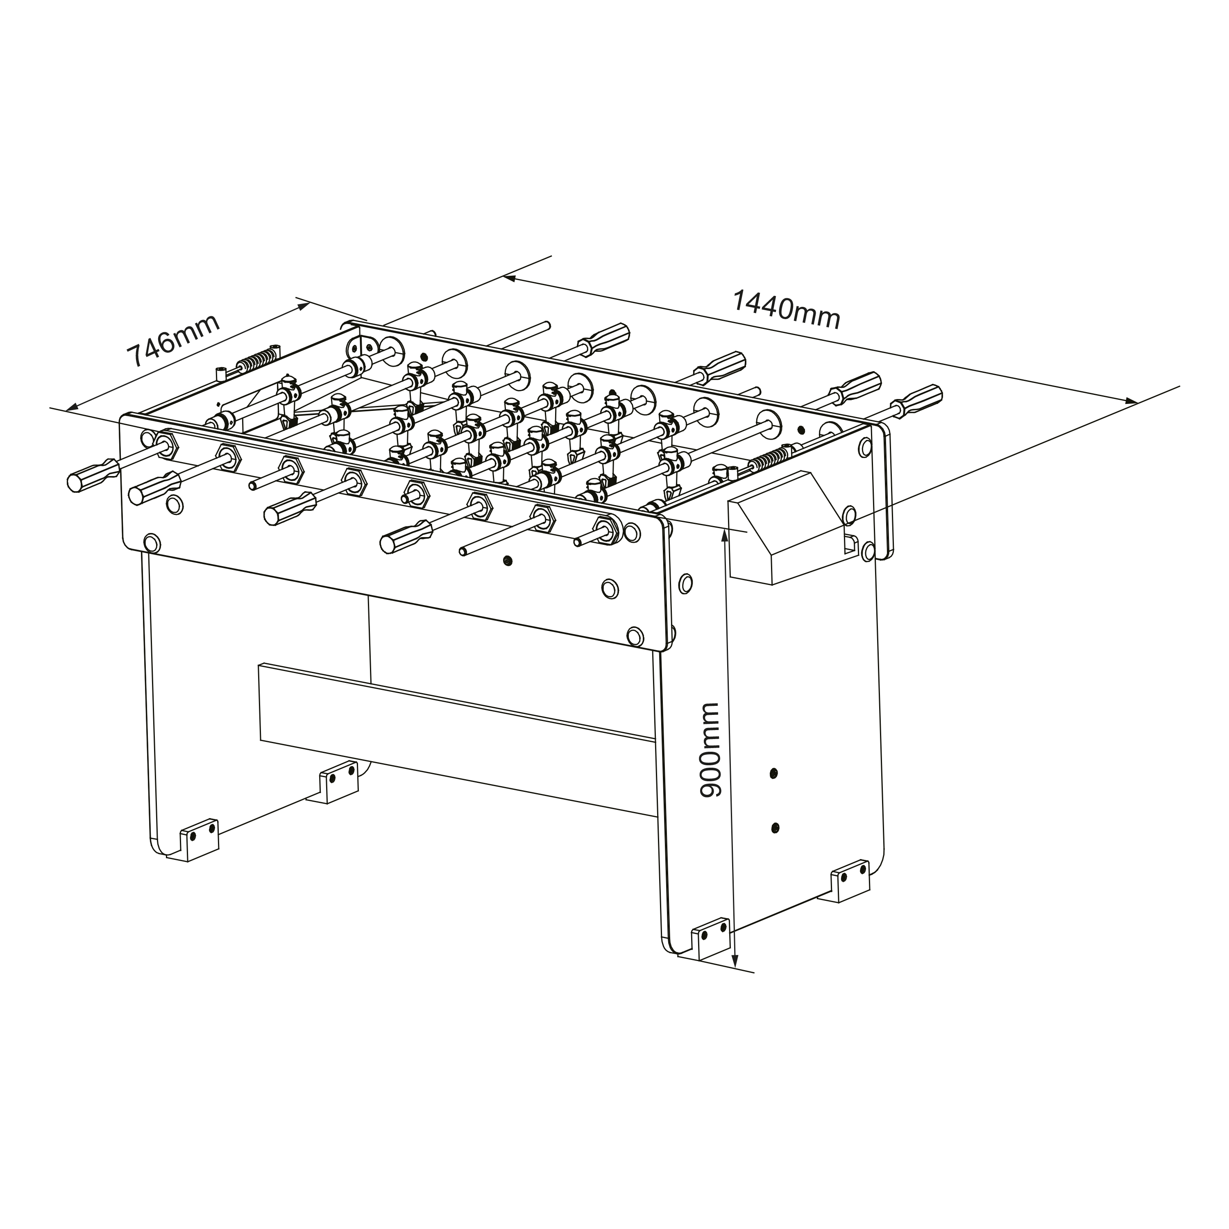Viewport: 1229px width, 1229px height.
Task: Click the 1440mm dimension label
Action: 787,310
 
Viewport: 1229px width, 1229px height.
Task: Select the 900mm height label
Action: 709,751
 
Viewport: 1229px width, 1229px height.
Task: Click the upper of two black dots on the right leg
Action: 773,773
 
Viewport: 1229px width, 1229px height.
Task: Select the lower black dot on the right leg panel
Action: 775,828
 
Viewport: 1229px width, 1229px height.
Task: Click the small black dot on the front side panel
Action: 507,560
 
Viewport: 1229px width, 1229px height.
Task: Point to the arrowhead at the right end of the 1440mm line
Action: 1131,400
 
